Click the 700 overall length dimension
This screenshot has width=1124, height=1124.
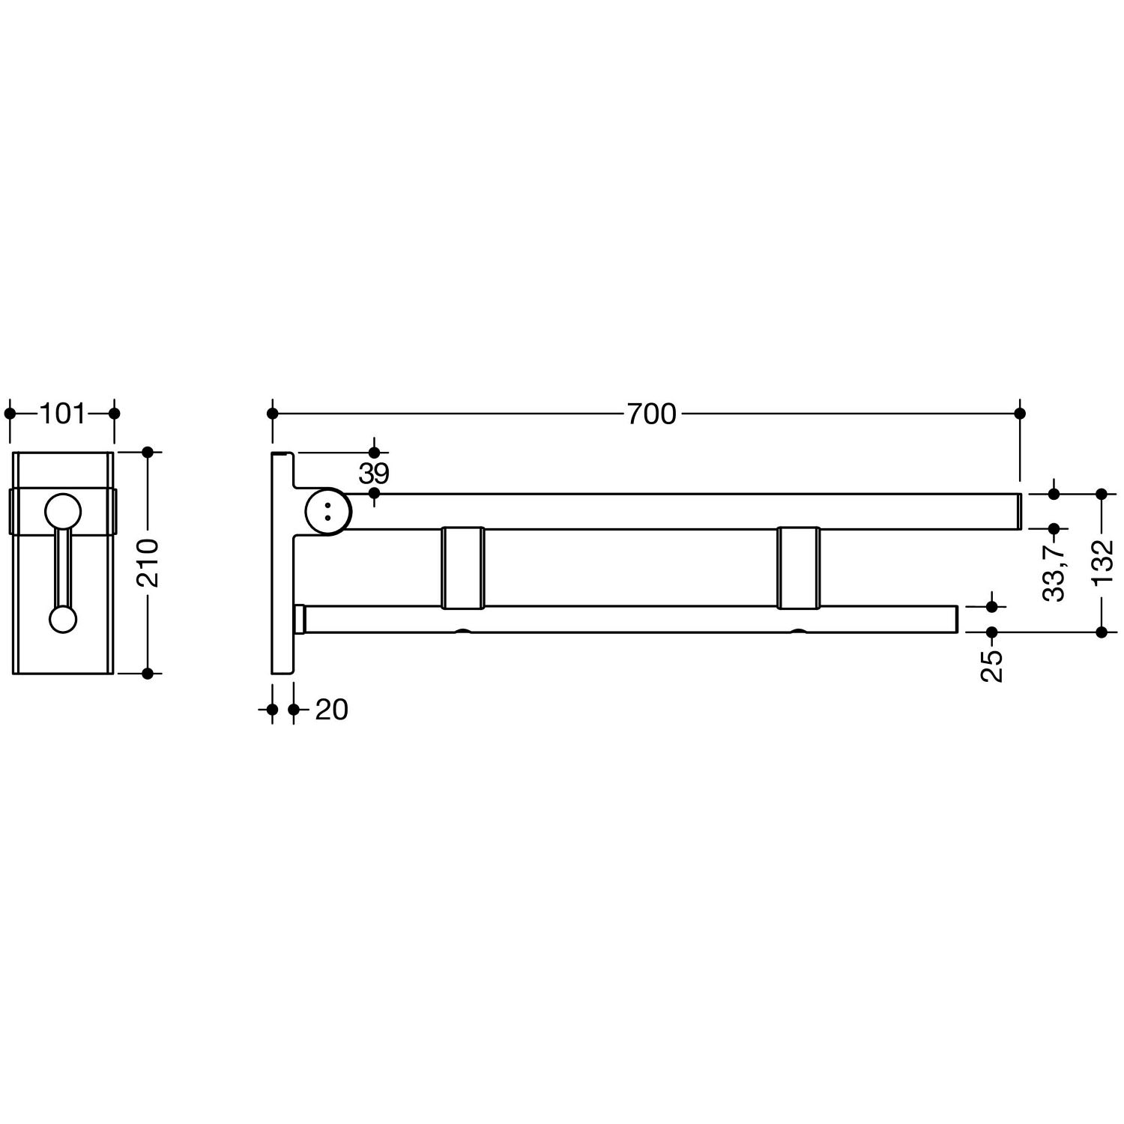[651, 414]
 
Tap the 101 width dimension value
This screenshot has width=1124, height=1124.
[62, 414]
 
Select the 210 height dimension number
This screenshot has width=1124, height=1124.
[148, 562]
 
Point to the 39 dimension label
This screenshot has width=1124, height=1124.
[374, 474]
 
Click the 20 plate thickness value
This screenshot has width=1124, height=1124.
[331, 710]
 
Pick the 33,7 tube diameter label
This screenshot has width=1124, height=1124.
[1054, 573]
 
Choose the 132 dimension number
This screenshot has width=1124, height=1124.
[1102, 562]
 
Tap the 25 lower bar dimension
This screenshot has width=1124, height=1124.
[992, 665]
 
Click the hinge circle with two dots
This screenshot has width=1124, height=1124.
[327, 511]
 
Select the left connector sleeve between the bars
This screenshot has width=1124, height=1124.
[463, 567]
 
